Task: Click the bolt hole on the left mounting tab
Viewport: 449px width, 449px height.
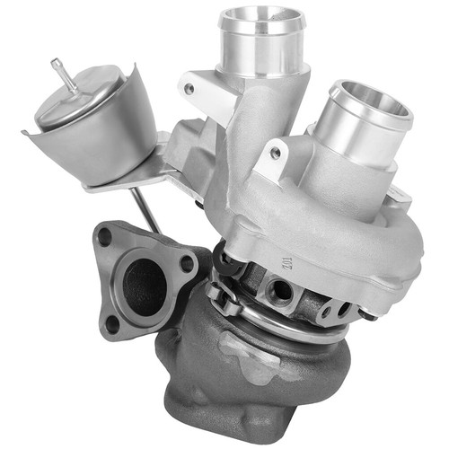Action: (x=189, y=89)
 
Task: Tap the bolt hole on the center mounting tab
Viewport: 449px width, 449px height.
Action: (x=274, y=153)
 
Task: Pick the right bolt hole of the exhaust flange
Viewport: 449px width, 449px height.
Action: (x=186, y=264)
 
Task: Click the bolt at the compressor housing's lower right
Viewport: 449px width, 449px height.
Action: (x=367, y=315)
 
